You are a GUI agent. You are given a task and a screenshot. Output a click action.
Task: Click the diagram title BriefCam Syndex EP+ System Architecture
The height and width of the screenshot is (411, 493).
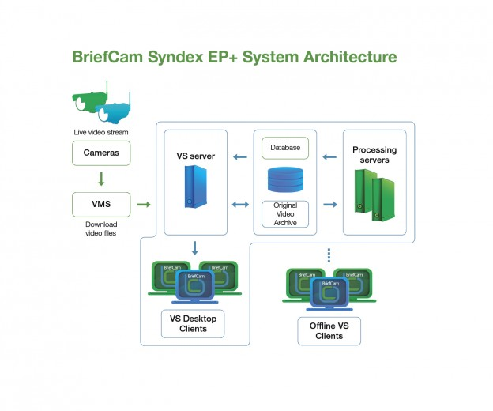[234, 57]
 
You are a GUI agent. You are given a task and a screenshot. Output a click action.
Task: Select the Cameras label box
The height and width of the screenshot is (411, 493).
[102, 152]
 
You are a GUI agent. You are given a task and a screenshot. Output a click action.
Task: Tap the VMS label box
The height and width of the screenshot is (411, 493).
[102, 205]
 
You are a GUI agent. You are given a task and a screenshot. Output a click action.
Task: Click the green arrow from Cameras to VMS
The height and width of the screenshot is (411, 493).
[102, 178]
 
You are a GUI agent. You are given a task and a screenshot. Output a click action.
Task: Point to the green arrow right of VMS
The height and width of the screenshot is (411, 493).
[143, 205]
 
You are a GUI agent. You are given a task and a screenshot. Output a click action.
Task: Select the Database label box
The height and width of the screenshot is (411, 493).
[284, 148]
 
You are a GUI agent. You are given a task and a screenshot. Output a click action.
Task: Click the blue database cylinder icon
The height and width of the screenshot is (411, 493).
[284, 179]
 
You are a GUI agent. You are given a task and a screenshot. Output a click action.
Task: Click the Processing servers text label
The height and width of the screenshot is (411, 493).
[374, 154]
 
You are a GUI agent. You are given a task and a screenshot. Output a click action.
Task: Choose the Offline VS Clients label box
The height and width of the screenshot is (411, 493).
[329, 330]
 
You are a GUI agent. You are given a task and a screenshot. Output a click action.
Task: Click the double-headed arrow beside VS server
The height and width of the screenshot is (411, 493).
[239, 205]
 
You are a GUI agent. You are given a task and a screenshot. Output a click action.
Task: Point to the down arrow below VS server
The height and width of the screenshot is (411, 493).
[194, 247]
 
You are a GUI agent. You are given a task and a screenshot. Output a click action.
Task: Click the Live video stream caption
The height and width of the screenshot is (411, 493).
[101, 132]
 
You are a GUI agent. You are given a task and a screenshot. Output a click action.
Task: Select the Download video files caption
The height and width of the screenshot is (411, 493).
[101, 228]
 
